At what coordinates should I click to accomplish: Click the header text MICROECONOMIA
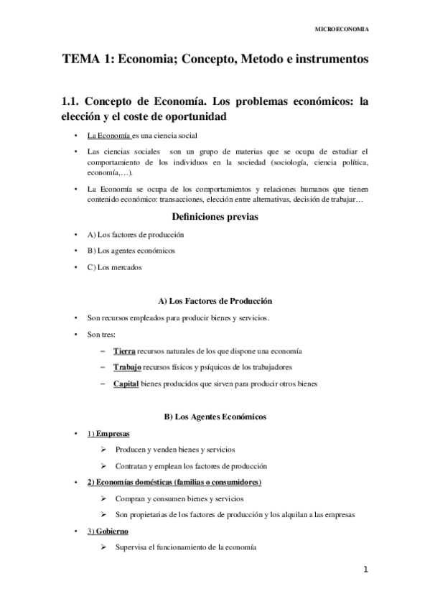pyautogui.click(x=343, y=29)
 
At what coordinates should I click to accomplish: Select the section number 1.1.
pyautogui.click(x=74, y=101)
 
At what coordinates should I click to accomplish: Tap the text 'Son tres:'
pyautogui.click(x=102, y=334)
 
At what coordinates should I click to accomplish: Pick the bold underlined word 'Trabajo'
pyautogui.click(x=128, y=367)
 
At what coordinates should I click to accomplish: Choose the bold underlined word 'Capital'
pyautogui.click(x=127, y=383)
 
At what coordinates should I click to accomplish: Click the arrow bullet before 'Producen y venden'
pyautogui.click(x=105, y=450)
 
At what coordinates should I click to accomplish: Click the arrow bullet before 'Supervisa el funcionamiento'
pyautogui.click(x=105, y=548)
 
